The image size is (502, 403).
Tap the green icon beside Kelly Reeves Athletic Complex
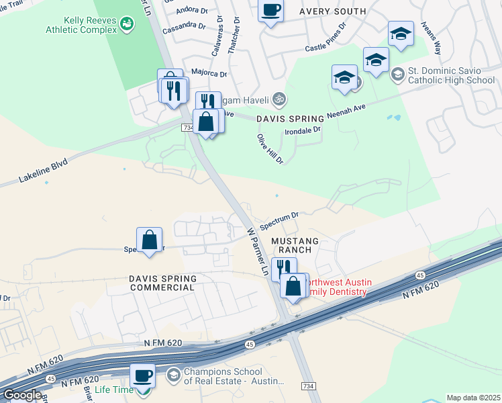point(125,26)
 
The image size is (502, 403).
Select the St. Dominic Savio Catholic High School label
point(452,76)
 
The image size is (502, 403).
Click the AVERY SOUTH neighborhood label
point(333,11)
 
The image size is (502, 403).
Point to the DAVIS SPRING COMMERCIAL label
point(163,283)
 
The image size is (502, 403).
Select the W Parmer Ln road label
point(258,253)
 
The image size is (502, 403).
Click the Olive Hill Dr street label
point(270,148)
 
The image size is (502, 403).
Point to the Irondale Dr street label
point(303,131)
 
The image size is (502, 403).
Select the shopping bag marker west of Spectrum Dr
point(149,239)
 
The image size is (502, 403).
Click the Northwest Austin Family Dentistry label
point(336,287)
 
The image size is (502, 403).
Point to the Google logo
point(22,395)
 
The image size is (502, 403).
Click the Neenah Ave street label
point(345,110)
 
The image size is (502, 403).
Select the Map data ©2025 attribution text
point(472,398)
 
